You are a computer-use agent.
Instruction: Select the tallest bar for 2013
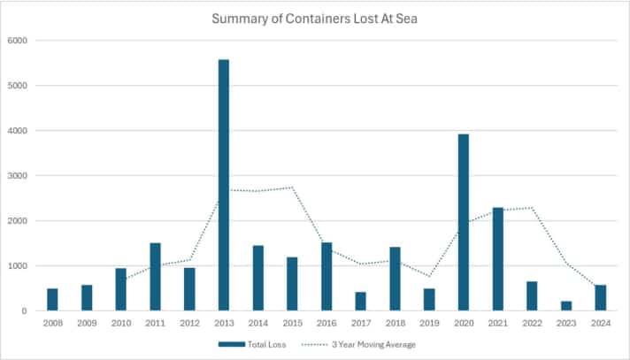[224, 186]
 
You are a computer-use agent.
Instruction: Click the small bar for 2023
[566, 306]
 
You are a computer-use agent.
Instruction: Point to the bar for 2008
[52, 300]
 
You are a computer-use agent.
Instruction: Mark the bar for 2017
[361, 302]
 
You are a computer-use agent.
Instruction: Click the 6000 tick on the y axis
[18, 41]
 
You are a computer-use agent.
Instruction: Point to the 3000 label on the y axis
[18, 176]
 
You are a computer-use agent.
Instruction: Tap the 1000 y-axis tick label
[18, 266]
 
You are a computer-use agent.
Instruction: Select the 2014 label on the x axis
[258, 324]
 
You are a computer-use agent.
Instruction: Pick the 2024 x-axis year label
[601, 324]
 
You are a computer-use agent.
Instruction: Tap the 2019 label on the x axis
[429, 324]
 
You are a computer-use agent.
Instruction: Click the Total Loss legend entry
[257, 344]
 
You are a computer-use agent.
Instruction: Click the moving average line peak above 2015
[292, 188]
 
